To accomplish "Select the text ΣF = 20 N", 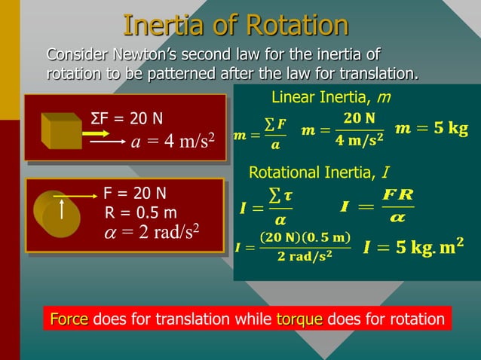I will [126, 120].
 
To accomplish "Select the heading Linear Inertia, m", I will [330, 98].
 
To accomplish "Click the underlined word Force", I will [69, 319].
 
